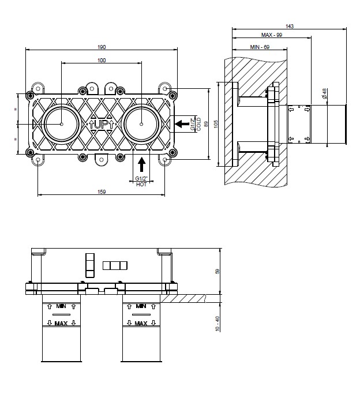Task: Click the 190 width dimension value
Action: pyautogui.click(x=102, y=47)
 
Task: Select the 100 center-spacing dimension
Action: pyautogui.click(x=102, y=60)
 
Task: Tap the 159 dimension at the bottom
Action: pyautogui.click(x=102, y=192)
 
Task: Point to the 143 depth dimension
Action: pyautogui.click(x=290, y=26)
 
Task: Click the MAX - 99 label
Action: pyautogui.click(x=272, y=35)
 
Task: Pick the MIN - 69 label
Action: pyautogui.click(x=260, y=47)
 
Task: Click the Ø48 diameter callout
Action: pyautogui.click(x=324, y=93)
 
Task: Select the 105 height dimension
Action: pyautogui.click(x=216, y=124)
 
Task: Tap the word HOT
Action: pyautogui.click(x=141, y=185)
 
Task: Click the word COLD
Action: pyautogui.click(x=199, y=124)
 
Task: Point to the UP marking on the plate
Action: pyautogui.click(x=102, y=125)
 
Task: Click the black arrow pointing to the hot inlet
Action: pyautogui.click(x=142, y=164)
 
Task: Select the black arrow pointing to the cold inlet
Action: pyautogui.click(x=182, y=124)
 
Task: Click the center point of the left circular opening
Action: pyautogui.click(x=62, y=124)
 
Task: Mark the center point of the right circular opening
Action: pyautogui.click(x=141, y=124)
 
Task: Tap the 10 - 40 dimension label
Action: pyautogui.click(x=217, y=324)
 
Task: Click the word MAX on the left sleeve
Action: pyautogui.click(x=61, y=324)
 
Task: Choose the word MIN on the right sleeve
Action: pyautogui.click(x=141, y=306)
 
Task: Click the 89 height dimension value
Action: pyautogui.click(x=206, y=124)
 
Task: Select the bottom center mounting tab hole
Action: pyautogui.click(x=102, y=160)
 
